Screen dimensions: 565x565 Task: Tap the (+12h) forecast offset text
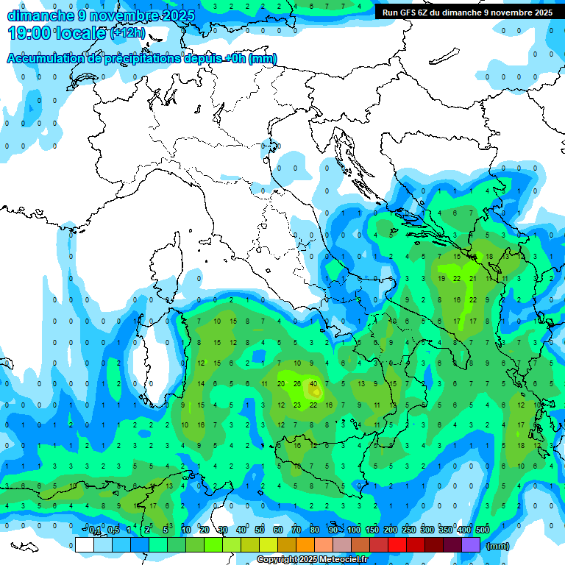(127, 33)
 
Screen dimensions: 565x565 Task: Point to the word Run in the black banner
(390, 13)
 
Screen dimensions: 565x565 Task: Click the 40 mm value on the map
(314, 384)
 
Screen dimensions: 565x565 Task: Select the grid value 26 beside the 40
(297, 384)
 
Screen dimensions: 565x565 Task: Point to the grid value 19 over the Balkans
(441, 279)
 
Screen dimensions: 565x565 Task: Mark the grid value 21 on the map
(473, 279)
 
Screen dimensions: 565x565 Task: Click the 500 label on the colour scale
(483, 530)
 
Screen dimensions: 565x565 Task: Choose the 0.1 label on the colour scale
(95, 530)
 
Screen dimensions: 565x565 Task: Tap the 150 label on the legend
(372, 530)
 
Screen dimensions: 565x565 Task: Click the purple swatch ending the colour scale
(471, 544)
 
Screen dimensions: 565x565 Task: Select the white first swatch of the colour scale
(84, 544)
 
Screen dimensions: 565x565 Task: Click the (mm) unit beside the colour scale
(498, 546)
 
